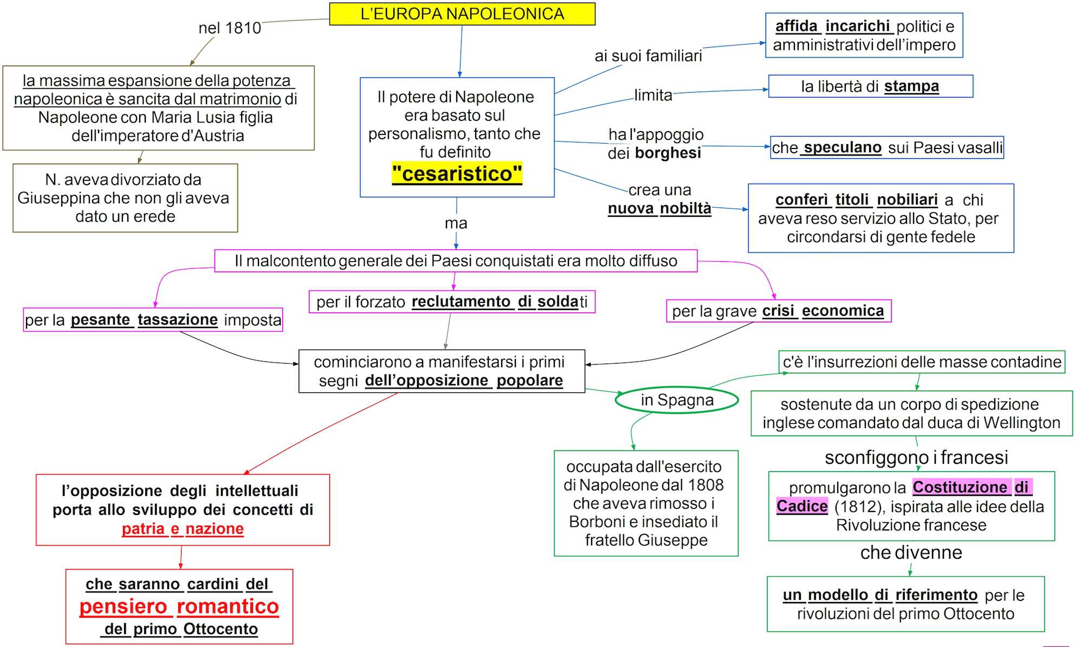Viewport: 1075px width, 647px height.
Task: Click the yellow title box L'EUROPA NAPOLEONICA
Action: (x=462, y=14)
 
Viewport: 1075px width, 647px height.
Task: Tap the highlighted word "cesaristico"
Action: (x=457, y=174)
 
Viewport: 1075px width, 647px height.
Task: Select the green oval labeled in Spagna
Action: (x=677, y=400)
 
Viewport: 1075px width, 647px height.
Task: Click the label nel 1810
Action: (x=230, y=28)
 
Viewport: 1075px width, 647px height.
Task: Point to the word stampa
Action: (x=911, y=86)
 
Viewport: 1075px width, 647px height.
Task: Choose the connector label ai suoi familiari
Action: (x=648, y=56)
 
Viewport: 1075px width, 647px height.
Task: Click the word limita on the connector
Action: (x=653, y=95)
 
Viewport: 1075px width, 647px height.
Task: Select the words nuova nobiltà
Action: (x=659, y=209)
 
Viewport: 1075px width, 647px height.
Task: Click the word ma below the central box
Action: (x=456, y=223)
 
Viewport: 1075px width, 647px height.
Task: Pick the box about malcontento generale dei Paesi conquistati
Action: (x=456, y=261)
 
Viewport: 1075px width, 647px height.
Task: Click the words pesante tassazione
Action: (x=144, y=320)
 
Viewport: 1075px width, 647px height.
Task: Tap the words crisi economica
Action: (x=823, y=311)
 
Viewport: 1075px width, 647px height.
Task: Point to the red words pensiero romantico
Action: (x=179, y=606)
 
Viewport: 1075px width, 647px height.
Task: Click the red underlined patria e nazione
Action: (x=183, y=528)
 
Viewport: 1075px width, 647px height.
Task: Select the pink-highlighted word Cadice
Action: (x=802, y=506)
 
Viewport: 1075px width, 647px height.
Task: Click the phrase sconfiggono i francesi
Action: (x=916, y=457)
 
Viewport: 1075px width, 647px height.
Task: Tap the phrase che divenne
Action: (x=911, y=552)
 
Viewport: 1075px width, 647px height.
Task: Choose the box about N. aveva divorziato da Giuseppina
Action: (x=125, y=198)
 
